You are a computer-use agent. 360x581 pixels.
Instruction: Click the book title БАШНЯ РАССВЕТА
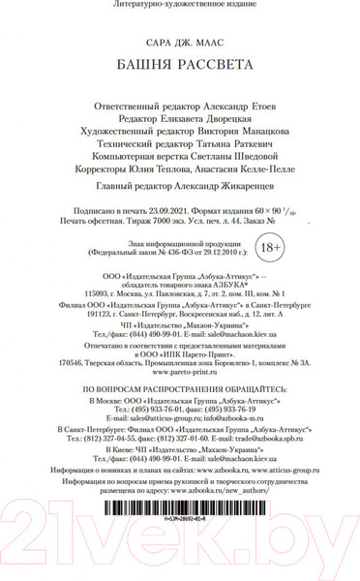180,65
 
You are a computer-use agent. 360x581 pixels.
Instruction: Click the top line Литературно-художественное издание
180,6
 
